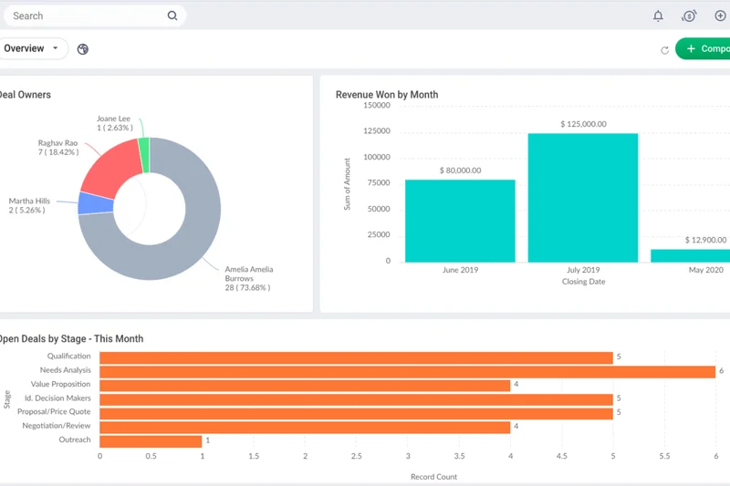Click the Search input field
click(x=87, y=16)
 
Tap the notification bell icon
click(x=658, y=16)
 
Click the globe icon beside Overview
click(x=83, y=49)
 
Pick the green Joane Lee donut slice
click(x=144, y=155)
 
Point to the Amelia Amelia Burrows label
click(x=248, y=278)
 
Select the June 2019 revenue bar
click(x=460, y=220)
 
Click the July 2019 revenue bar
click(x=582, y=197)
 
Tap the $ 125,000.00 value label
click(x=582, y=124)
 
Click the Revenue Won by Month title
click(x=387, y=95)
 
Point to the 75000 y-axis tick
click(x=377, y=183)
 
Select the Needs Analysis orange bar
click(x=407, y=371)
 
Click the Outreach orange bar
click(x=151, y=440)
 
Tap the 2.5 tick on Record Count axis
click(x=356, y=457)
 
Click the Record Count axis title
click(x=434, y=476)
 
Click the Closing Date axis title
click(x=583, y=282)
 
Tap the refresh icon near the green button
click(x=664, y=49)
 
